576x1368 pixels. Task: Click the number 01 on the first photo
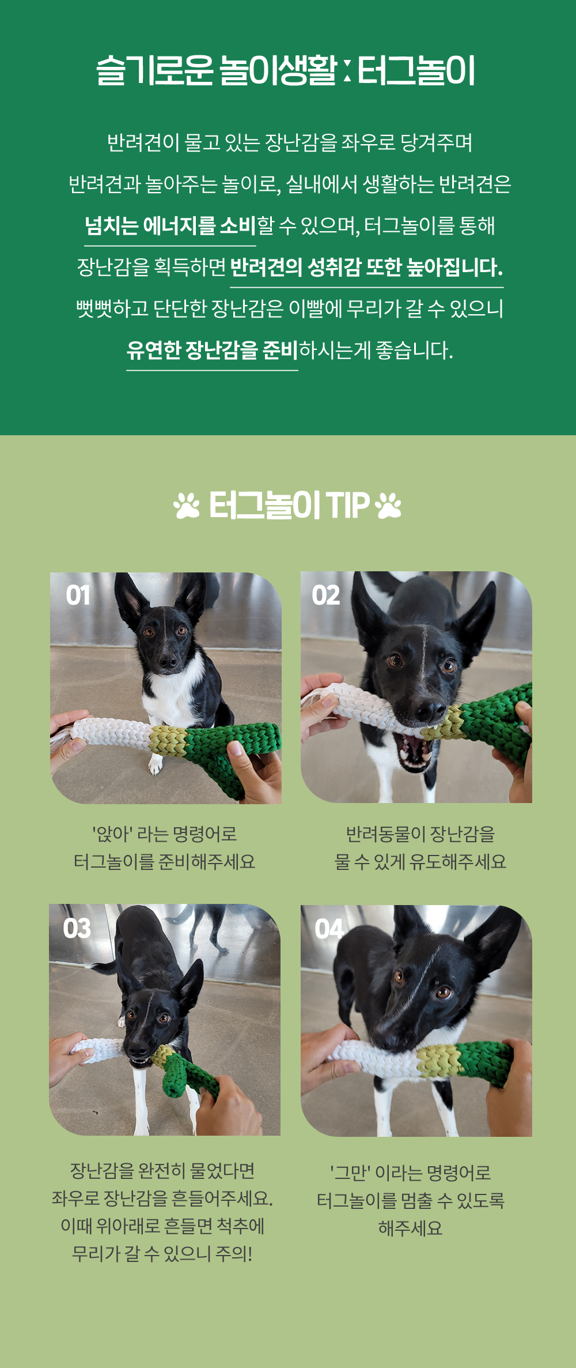[x=78, y=596]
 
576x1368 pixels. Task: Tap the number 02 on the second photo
[x=326, y=596]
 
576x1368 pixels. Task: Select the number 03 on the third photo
[x=77, y=929]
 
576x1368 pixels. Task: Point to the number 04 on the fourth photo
[x=329, y=929]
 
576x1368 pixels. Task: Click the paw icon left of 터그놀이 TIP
[x=187, y=506]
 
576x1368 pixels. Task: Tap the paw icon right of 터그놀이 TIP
[x=388, y=506]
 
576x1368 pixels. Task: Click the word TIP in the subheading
[x=347, y=506]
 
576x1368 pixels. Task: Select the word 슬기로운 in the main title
[x=155, y=71]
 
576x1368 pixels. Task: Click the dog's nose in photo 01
[x=168, y=661]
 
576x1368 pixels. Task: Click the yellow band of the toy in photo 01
[x=168, y=740]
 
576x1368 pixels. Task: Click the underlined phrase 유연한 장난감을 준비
[x=212, y=350]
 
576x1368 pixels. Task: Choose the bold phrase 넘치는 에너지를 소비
[x=170, y=225]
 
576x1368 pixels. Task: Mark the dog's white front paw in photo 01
[x=156, y=764]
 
